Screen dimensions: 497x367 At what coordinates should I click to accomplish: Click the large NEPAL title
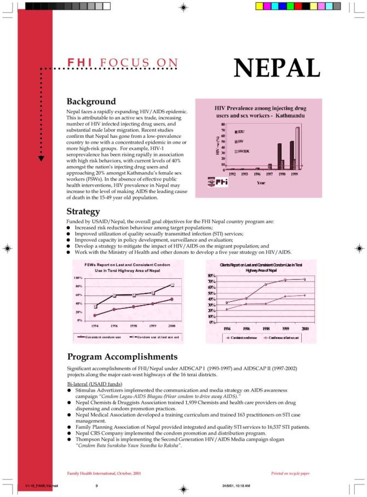(277, 67)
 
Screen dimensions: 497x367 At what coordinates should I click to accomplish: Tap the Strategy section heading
(83, 211)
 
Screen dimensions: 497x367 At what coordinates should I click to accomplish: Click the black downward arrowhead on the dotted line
(41, 159)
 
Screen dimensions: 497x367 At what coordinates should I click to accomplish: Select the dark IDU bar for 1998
(279, 156)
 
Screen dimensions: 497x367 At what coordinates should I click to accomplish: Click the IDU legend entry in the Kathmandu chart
(239, 132)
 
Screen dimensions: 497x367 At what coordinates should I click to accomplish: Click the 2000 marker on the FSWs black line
(172, 285)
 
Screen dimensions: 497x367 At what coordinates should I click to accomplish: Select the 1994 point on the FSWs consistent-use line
(95, 315)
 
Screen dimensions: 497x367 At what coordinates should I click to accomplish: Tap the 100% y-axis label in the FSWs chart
(78, 278)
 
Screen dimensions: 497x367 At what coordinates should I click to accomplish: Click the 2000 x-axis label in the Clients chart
(305, 328)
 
